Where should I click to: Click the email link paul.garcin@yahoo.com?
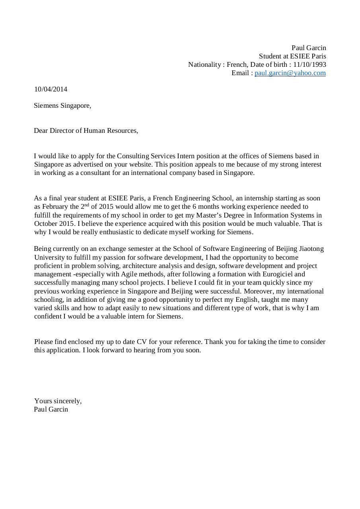tap(290, 73)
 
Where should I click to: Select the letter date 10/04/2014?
tap(51, 89)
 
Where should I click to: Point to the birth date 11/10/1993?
tap(309, 64)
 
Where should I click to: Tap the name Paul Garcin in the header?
tap(309, 48)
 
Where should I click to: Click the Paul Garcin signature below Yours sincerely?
tap(51, 409)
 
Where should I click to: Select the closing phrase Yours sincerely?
tap(58, 401)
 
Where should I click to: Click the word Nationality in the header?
tap(204, 64)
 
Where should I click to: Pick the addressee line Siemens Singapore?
tap(62, 105)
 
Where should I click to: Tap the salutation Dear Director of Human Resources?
tap(86, 130)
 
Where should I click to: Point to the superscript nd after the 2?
tap(87, 205)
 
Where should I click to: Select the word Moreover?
tap(257, 291)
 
